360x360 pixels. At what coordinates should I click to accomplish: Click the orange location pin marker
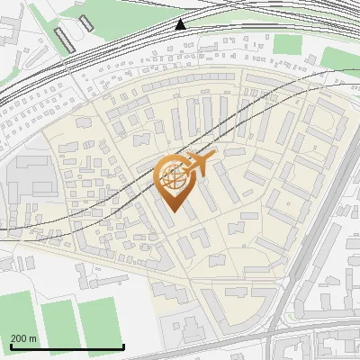click(x=174, y=181)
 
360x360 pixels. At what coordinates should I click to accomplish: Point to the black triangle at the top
click(x=181, y=24)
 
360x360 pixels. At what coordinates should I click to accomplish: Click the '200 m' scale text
click(x=23, y=338)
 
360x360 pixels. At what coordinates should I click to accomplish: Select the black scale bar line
click(x=67, y=347)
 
